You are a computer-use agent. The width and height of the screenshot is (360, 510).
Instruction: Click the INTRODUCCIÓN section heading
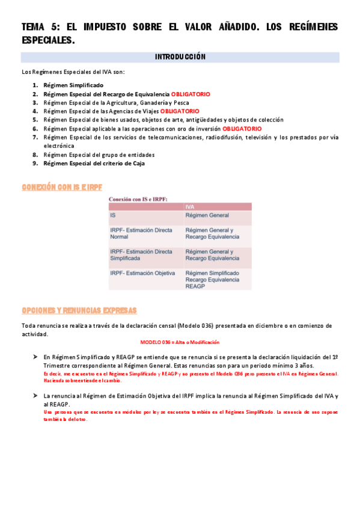click(180, 57)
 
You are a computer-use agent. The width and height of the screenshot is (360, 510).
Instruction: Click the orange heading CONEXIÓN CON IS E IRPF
click(62, 188)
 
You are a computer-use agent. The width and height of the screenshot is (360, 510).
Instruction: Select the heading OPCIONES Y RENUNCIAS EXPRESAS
click(79, 310)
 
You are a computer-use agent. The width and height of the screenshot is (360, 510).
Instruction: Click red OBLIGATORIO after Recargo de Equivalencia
click(191, 94)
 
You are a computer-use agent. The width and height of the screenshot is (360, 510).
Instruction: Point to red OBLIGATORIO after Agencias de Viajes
click(180, 111)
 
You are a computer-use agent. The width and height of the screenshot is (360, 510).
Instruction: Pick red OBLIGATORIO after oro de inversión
click(242, 129)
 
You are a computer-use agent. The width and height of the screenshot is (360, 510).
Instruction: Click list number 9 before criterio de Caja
click(35, 163)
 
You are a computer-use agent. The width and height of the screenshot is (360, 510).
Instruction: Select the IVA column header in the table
click(190, 207)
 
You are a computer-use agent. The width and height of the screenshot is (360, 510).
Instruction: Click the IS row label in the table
click(114, 215)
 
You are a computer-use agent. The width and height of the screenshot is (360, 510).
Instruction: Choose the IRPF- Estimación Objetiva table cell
click(142, 273)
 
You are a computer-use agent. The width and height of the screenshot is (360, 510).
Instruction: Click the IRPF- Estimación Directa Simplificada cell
click(141, 254)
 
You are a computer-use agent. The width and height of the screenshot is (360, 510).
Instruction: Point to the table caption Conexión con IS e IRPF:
click(138, 198)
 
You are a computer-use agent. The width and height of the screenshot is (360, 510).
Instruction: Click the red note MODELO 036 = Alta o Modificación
click(180, 342)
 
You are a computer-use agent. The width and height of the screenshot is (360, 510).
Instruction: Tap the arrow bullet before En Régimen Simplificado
click(35, 357)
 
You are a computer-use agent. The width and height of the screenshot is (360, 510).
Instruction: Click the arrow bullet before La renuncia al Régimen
click(35, 396)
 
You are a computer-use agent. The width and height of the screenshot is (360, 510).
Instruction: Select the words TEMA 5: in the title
click(41, 27)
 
